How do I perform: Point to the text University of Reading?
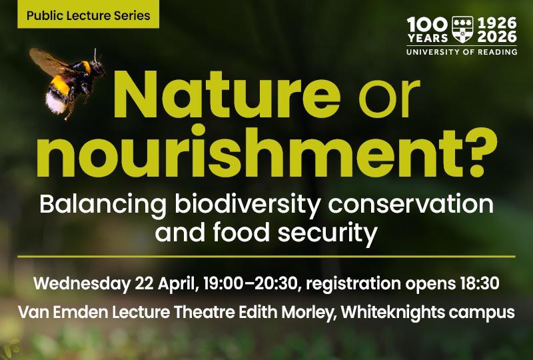click(x=461, y=51)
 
